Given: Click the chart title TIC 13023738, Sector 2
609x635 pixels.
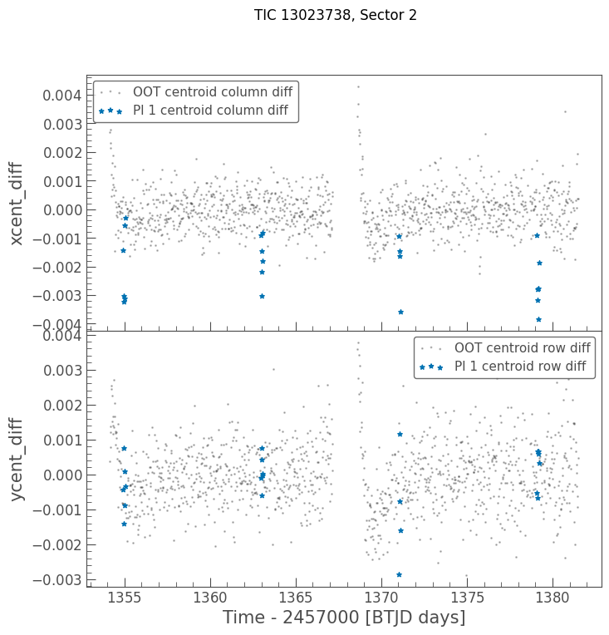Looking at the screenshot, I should [336, 15].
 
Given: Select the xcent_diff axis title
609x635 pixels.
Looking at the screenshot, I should [17, 203].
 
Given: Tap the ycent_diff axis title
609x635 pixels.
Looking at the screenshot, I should [17, 459].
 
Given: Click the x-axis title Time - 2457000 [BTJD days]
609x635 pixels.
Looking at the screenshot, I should [344, 618].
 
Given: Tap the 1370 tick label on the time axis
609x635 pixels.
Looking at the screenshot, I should [381, 598].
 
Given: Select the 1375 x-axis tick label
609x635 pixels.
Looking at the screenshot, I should [467, 598].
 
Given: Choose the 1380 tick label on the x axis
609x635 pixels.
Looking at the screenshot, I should [553, 598].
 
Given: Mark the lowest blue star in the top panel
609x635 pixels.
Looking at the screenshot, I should [538, 319].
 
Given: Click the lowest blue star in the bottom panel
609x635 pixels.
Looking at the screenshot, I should [399, 574].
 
